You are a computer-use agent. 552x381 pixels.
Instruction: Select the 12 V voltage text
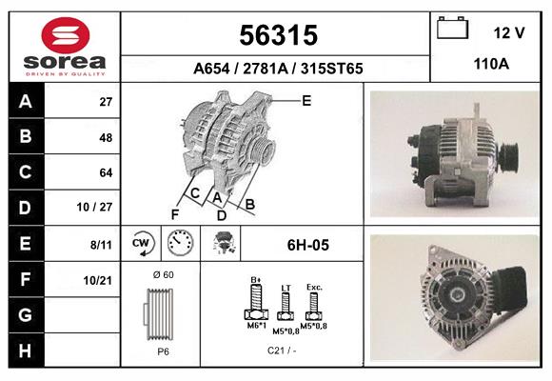click(x=509, y=32)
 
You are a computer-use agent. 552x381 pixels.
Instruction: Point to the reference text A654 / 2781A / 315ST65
click(x=277, y=69)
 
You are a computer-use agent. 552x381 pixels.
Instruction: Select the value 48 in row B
click(x=107, y=136)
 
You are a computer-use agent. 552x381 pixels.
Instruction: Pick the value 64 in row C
click(x=107, y=172)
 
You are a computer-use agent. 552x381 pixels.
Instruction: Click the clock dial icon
click(x=180, y=244)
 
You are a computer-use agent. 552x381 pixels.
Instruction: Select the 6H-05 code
click(x=307, y=245)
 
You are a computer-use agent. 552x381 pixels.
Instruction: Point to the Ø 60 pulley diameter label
click(x=164, y=275)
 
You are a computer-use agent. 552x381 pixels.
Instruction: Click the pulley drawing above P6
click(x=159, y=313)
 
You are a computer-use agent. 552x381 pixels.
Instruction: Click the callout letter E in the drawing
click(x=306, y=99)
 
